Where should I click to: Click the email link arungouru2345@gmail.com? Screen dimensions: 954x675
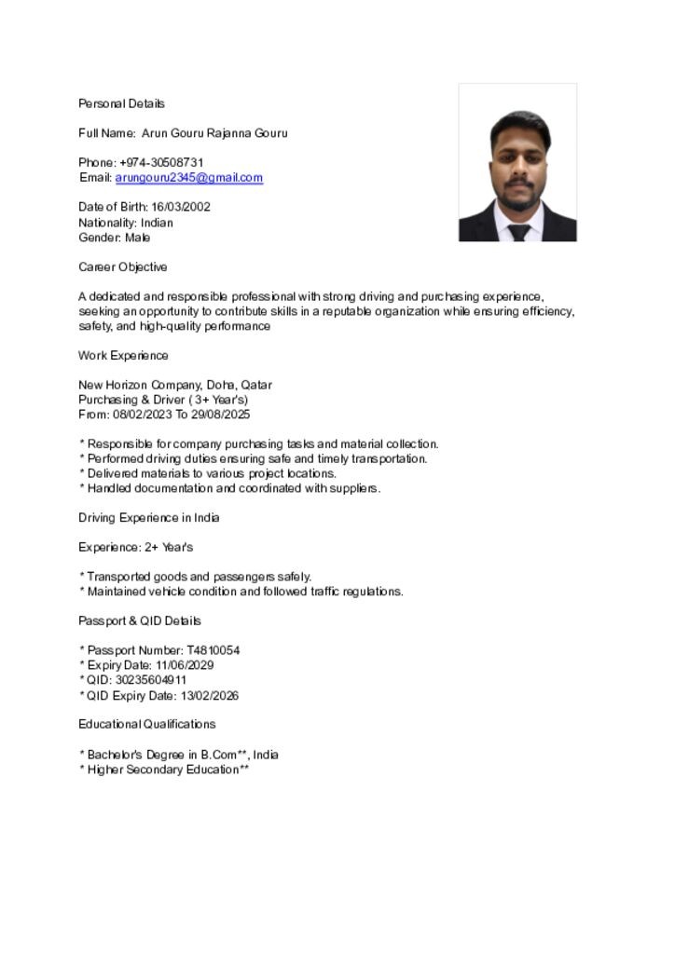[188, 177]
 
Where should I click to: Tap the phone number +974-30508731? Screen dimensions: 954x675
[161, 162]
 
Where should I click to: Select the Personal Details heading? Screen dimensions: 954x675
[121, 103]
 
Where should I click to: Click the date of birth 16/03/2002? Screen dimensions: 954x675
[181, 207]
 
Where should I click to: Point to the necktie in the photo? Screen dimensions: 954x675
[518, 232]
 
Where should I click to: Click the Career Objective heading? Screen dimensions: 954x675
[123, 267]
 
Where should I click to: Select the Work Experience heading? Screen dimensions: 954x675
[123, 355]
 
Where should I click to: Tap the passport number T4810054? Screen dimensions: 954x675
[214, 650]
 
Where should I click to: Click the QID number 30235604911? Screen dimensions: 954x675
[158, 680]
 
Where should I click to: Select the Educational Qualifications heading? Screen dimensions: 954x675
[146, 724]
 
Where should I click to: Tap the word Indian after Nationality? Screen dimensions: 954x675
[157, 223]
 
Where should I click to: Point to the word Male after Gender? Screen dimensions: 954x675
[138, 238]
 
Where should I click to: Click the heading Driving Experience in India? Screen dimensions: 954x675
[149, 517]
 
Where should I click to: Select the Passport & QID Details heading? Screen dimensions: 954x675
[140, 620]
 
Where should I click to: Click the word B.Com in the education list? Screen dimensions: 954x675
[219, 755]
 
